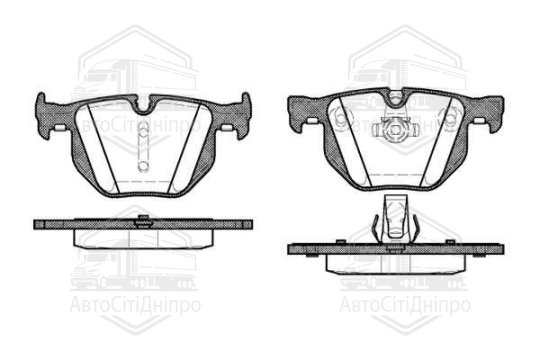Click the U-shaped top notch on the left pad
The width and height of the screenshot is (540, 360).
[x=144, y=107]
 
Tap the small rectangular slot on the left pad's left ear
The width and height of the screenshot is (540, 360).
[x=60, y=127]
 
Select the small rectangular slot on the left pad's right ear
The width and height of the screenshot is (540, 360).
[x=226, y=127]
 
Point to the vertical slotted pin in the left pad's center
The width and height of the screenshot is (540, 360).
[x=144, y=147]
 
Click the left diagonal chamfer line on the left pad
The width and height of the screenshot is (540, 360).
[x=102, y=148]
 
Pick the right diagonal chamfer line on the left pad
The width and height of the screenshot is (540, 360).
[x=184, y=148]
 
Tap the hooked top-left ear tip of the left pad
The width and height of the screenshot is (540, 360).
[x=41, y=97]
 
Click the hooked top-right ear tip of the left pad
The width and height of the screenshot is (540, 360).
[x=246, y=97]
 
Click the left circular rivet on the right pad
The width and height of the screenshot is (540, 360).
[x=341, y=116]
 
